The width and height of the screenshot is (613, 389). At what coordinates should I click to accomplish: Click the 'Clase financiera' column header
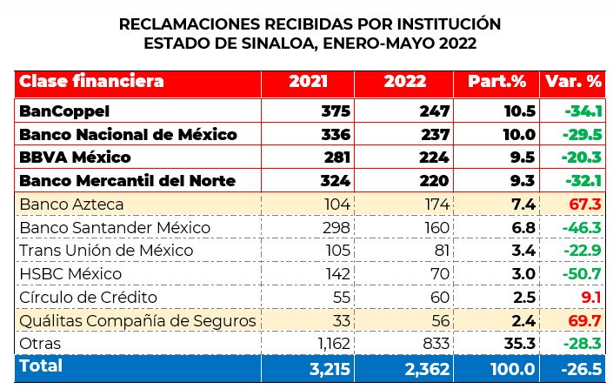pyautogui.click(x=91, y=82)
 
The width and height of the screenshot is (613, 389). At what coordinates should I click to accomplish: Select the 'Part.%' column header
pyautogui.click(x=497, y=82)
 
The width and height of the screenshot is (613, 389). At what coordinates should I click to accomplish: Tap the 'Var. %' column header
pyautogui.click(x=573, y=82)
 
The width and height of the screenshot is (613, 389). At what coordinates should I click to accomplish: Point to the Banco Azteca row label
pyautogui.click(x=71, y=204)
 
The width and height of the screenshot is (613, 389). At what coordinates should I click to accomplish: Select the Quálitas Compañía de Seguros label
pyautogui.click(x=137, y=320)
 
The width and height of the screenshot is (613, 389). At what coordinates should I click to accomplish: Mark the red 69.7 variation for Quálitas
pyautogui.click(x=587, y=320)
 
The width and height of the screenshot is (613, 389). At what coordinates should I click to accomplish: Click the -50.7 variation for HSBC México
pyautogui.click(x=583, y=274)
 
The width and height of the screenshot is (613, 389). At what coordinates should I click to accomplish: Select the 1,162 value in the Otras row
pyautogui.click(x=330, y=344)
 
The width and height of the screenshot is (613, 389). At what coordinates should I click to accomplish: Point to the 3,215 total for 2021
pyautogui.click(x=329, y=367)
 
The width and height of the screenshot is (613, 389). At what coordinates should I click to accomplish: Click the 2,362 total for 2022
pyautogui.click(x=427, y=367)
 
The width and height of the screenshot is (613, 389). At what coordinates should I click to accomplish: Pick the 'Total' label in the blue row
pyautogui.click(x=41, y=366)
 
